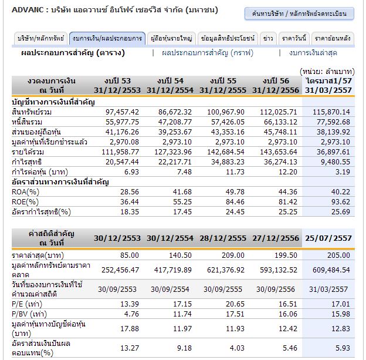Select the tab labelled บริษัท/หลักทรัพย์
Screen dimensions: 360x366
point(40,39)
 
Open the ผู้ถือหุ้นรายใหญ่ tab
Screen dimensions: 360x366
point(171,39)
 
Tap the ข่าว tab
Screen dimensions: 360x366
point(268,39)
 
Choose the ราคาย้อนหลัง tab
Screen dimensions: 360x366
point(333,39)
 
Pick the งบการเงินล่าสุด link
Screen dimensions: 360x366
point(320,53)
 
